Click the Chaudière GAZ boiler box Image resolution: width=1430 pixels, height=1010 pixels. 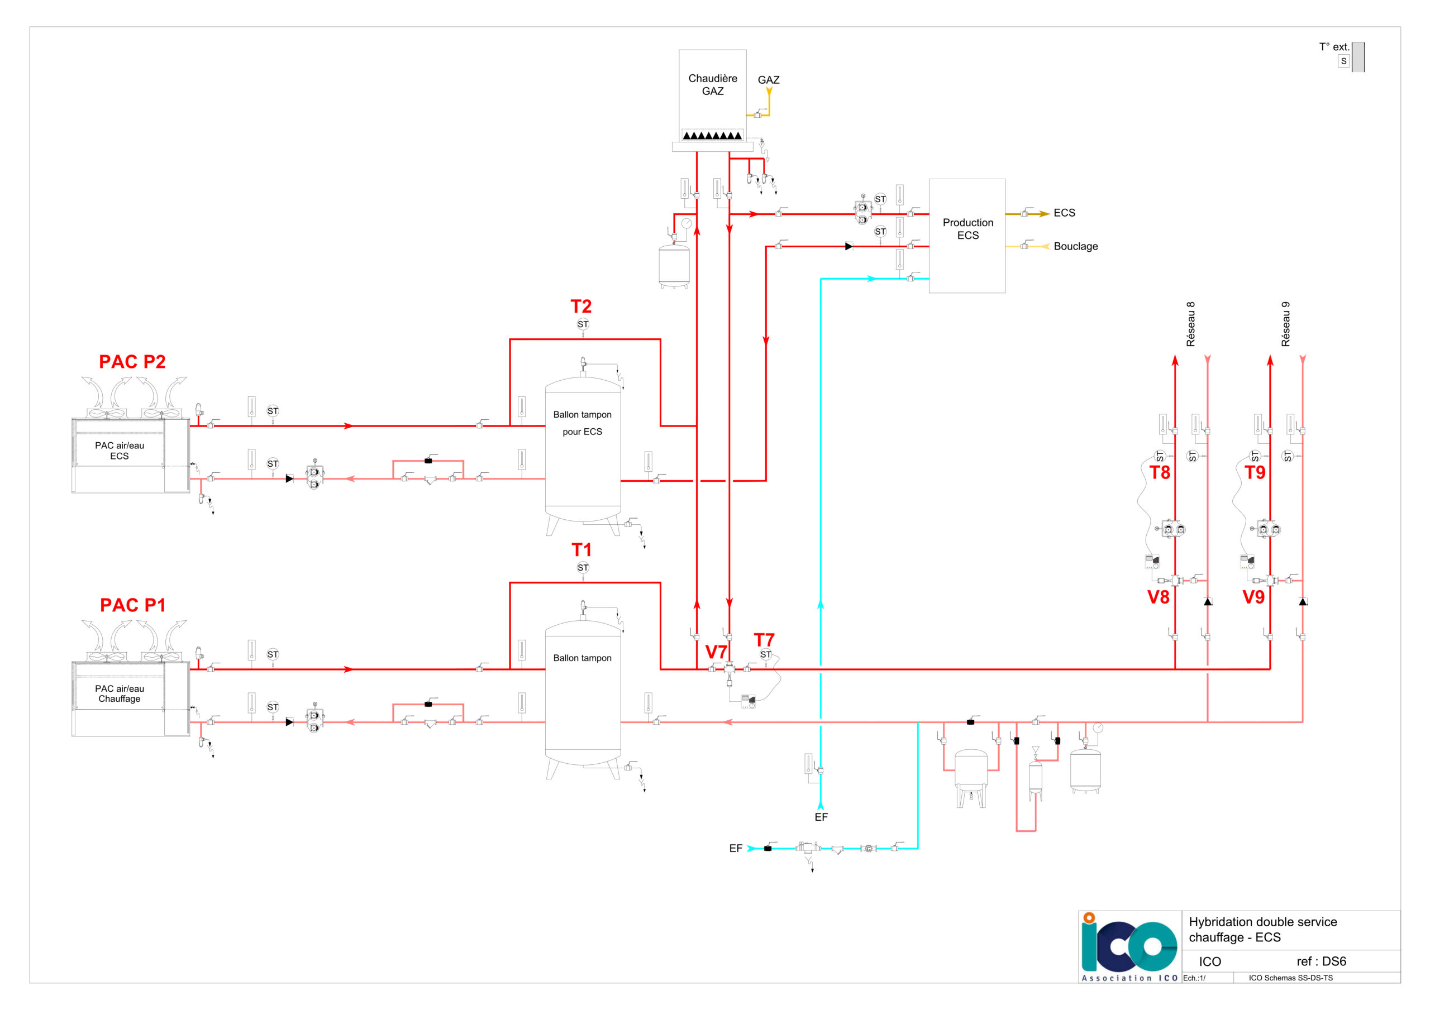[x=713, y=96]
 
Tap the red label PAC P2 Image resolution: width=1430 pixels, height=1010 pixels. [x=132, y=362]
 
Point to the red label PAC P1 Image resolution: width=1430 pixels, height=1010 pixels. [x=132, y=605]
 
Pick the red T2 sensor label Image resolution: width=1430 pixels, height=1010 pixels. [x=581, y=307]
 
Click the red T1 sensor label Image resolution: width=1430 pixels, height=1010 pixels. [x=581, y=550]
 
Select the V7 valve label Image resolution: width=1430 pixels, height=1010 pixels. [x=716, y=652]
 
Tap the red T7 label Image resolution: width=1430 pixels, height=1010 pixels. [x=764, y=639]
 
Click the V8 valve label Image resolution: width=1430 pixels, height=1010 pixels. [x=1159, y=597]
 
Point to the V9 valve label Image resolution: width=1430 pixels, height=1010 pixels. [x=1253, y=597]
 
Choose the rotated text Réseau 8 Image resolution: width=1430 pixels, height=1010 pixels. [x=1191, y=324]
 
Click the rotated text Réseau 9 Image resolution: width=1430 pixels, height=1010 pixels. [x=1285, y=324]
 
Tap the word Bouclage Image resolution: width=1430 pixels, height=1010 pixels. [x=1076, y=246]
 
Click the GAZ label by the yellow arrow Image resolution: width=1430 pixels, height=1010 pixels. [x=769, y=80]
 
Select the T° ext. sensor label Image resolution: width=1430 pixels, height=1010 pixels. [x=1334, y=47]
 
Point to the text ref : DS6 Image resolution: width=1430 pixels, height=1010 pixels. [x=1321, y=961]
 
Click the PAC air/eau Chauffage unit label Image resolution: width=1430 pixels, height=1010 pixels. [x=120, y=693]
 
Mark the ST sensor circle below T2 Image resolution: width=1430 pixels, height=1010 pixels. [x=583, y=324]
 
